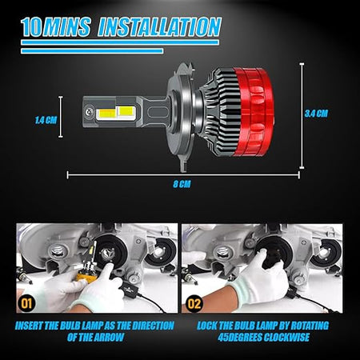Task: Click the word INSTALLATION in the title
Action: point(160,26)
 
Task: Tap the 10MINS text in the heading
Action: point(56,26)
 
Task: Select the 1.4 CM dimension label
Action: point(46,120)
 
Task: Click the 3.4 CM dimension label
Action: point(316,114)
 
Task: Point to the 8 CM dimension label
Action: point(182,184)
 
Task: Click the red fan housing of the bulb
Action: point(254,112)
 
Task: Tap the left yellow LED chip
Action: point(107,114)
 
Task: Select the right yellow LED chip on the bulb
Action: point(126,111)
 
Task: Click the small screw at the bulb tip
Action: point(88,112)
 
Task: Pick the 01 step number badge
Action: point(26,303)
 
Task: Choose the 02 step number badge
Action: point(194,303)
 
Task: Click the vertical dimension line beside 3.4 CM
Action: point(302,116)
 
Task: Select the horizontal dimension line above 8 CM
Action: point(183,175)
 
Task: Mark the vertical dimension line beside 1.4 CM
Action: point(61,117)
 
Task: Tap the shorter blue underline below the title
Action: point(92,51)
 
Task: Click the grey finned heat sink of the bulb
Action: point(219,113)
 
